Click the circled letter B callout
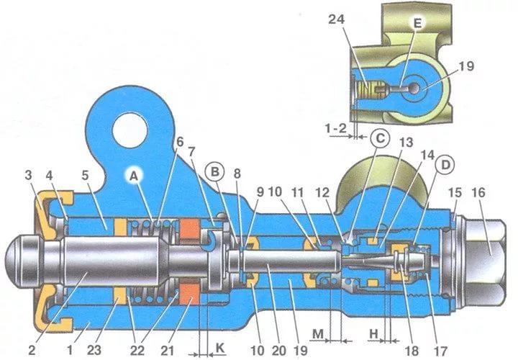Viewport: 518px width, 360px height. click(x=214, y=172)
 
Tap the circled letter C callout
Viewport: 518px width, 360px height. click(x=380, y=138)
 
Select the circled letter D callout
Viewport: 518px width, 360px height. click(x=445, y=165)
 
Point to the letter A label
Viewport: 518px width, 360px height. click(x=134, y=176)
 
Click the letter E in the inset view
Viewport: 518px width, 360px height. click(x=417, y=24)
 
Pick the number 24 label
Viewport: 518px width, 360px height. click(x=336, y=19)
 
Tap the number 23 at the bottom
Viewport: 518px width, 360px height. click(x=94, y=350)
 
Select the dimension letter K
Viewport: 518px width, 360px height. click(x=220, y=348)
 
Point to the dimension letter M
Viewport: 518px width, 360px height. click(x=318, y=334)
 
